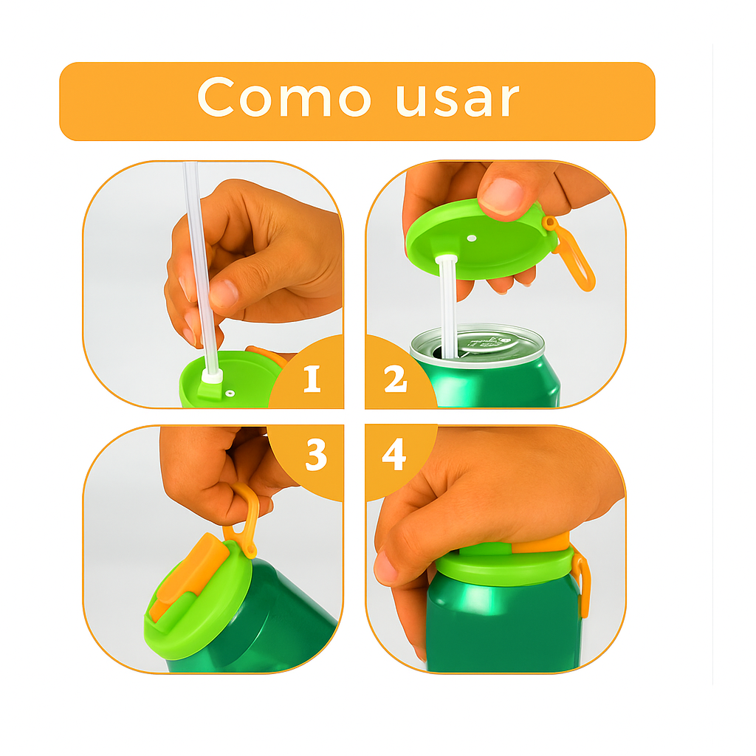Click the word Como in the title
click(284, 97)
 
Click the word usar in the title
click(458, 100)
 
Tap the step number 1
click(312, 379)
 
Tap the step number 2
click(396, 379)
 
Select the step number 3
click(316, 454)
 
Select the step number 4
click(394, 454)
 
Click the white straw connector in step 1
click(211, 376)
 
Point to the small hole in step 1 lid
click(230, 394)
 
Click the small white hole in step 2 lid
click(472, 238)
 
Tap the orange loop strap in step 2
click(574, 258)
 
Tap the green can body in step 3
click(270, 622)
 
